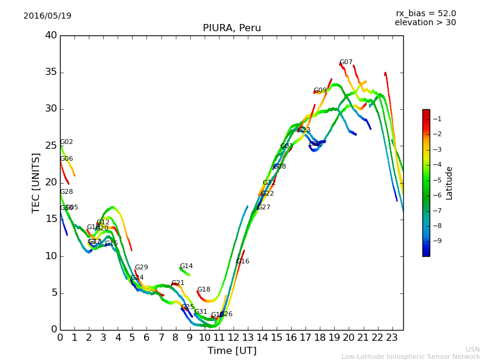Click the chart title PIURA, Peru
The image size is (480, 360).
pos(232,28)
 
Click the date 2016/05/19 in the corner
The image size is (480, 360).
pos(47,16)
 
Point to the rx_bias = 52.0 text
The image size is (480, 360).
pos(425,13)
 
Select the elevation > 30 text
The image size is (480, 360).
pos(425,23)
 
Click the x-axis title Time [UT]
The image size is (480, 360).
pos(232,351)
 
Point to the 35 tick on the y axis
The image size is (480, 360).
pos(51,73)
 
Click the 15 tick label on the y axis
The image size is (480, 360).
pos(51,220)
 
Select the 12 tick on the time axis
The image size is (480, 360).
pos(233,338)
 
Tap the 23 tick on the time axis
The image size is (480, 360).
pos(392,338)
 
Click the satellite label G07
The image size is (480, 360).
pos(346,62)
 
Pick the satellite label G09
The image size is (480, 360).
pos(320,91)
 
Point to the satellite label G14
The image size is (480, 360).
pos(186,266)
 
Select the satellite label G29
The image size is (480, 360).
pos(141,268)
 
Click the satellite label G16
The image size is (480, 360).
pos(242,262)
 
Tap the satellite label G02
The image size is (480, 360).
pos(66,142)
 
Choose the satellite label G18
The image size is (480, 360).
pos(203,290)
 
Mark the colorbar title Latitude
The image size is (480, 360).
pos(449,183)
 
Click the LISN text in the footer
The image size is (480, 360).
pos(472,349)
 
